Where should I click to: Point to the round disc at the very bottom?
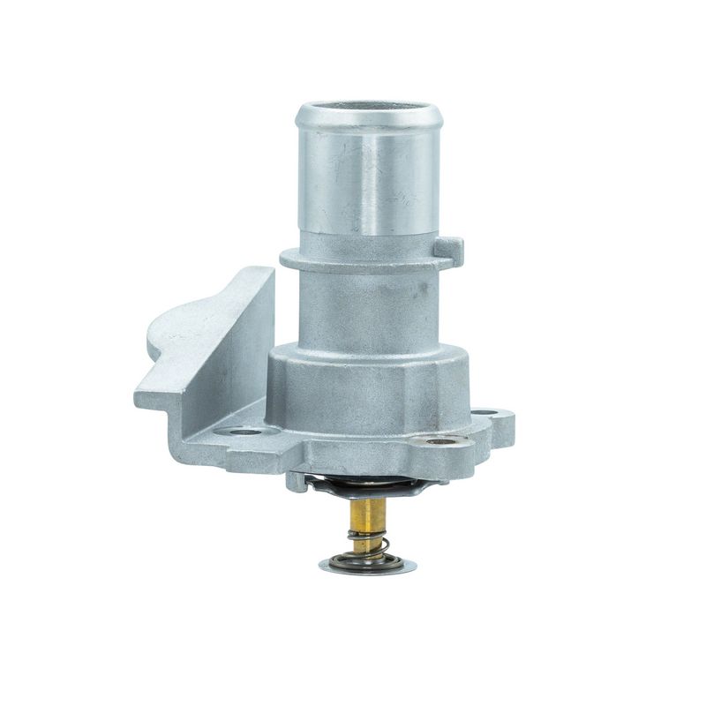click(x=366, y=565)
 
